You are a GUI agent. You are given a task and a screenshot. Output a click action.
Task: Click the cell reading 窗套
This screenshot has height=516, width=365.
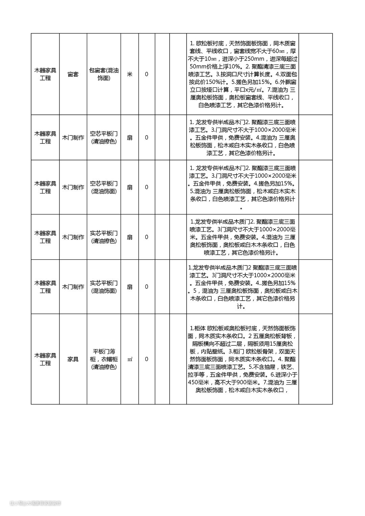[73, 74]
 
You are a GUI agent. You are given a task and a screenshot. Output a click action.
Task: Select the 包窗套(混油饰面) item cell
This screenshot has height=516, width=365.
[104, 74]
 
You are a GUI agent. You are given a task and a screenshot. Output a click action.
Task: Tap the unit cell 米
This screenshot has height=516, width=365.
[129, 74]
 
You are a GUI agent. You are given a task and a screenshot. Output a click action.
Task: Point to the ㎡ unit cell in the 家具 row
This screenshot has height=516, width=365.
[129, 359]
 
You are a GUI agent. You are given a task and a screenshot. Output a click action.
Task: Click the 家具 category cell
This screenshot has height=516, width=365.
[73, 359]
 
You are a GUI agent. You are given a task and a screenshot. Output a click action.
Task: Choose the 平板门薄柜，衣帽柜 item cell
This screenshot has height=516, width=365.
[104, 359]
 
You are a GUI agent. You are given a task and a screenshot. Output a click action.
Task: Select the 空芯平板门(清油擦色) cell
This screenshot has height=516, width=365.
[104, 137]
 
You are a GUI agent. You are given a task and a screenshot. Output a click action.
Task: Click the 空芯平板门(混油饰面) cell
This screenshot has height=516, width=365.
[104, 187]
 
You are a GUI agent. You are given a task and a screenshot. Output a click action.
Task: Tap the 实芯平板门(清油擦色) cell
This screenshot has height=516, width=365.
[104, 237]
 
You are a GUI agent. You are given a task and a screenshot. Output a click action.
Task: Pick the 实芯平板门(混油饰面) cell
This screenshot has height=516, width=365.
[104, 287]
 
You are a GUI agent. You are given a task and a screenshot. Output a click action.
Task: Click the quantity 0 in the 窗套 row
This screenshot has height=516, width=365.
[146, 74]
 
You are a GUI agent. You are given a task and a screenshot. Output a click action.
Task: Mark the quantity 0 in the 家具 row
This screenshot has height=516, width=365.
[146, 359]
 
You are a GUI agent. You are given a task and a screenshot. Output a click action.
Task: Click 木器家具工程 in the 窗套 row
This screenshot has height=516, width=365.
[45, 74]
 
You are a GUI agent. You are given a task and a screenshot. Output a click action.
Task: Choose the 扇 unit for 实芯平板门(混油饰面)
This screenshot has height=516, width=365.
[129, 287]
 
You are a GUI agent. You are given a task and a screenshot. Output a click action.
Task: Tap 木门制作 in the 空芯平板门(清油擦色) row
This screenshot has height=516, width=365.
[73, 138]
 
